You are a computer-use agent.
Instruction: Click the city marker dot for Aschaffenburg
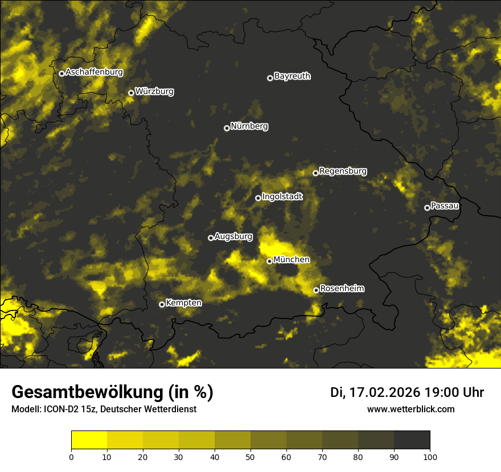61,73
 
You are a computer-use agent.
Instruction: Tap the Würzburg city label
154,91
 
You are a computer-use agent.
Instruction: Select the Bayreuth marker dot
270,78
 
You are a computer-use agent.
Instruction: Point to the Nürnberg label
249,126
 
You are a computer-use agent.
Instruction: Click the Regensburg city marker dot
315,173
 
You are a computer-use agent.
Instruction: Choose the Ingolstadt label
282,197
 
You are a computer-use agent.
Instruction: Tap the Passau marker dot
427,208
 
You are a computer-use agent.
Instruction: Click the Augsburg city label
233,237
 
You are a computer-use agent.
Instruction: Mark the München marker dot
269,261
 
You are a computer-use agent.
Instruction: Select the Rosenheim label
342,289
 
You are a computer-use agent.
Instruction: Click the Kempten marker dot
162,304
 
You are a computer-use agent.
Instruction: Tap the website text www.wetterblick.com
410,409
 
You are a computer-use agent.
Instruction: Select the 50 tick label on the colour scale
250,456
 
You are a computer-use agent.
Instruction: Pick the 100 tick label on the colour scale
430,456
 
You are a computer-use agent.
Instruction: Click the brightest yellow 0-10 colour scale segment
89,440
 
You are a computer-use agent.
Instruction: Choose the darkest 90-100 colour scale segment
412,440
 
